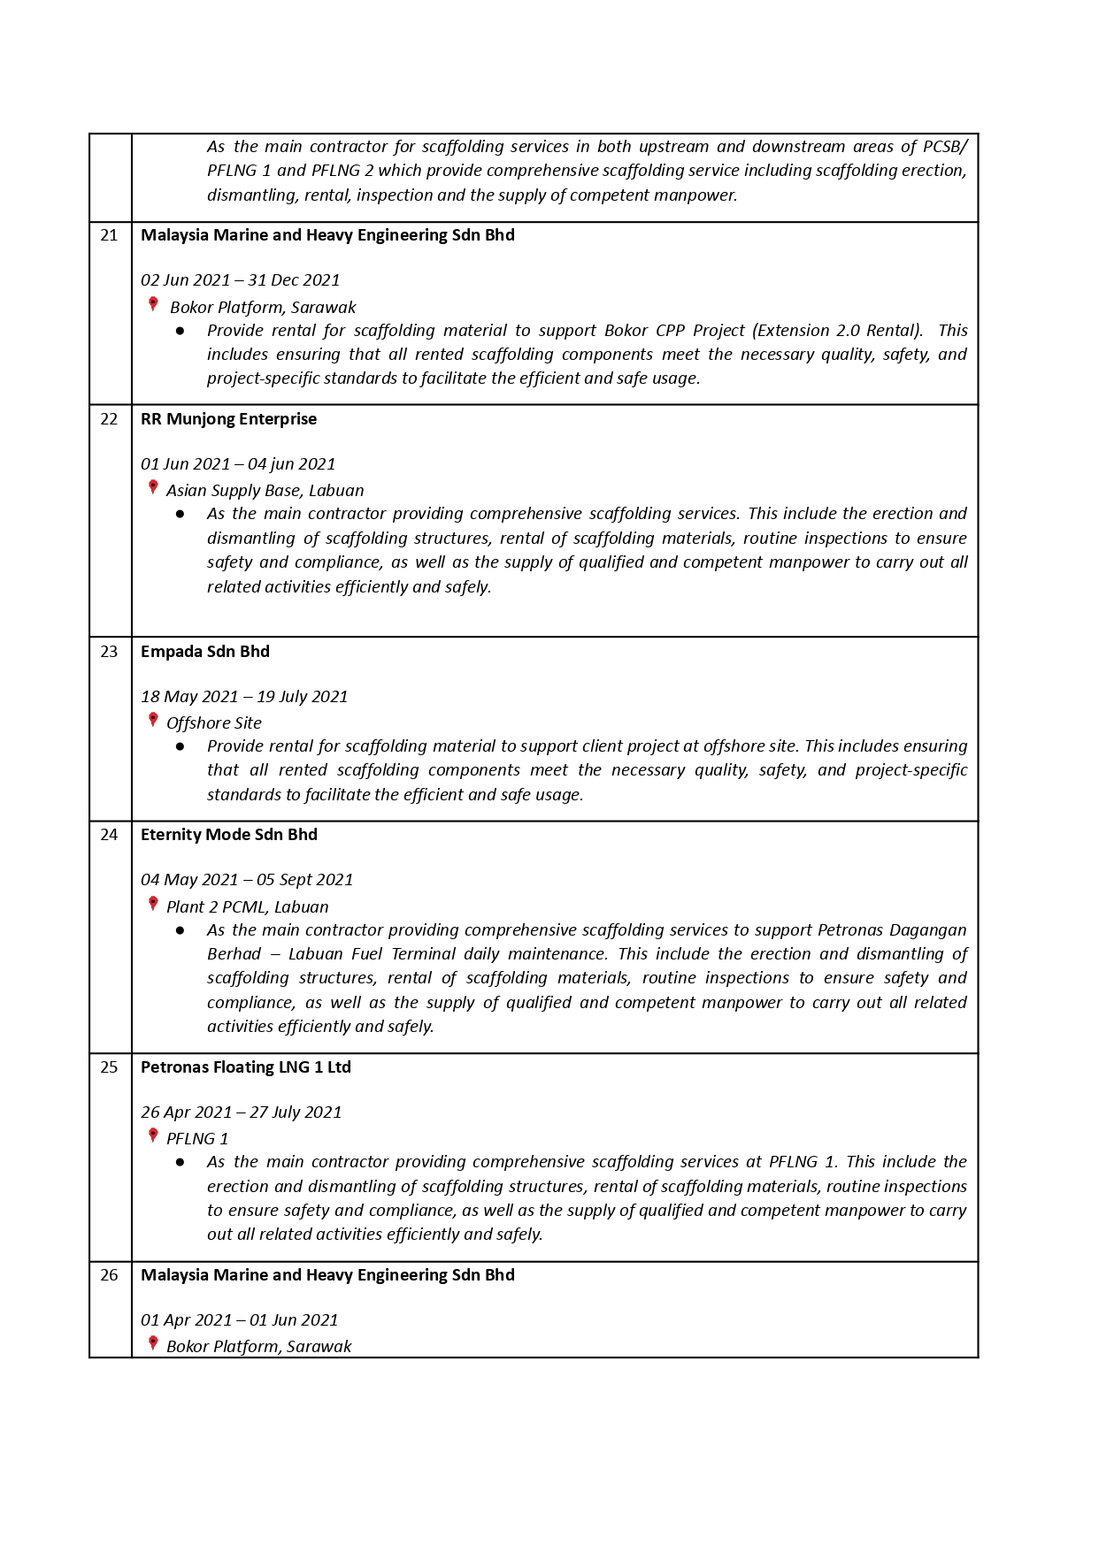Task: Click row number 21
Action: tap(109, 235)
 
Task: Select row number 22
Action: tap(109, 419)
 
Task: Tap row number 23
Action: tap(109, 652)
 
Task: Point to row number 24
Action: tap(109, 835)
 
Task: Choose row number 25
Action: tap(109, 1067)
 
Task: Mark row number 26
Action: tap(109, 1275)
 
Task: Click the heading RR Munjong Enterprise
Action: tap(228, 419)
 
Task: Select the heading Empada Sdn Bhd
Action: tap(205, 652)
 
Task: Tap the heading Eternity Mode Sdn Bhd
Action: tap(229, 835)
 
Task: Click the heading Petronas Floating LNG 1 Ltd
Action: tap(246, 1067)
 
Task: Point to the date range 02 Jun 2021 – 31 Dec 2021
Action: tap(241, 280)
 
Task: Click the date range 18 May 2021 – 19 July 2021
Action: tap(244, 697)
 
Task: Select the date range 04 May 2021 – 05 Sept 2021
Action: tap(247, 880)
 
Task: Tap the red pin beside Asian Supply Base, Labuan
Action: tap(153, 487)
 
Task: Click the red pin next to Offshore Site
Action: tap(153, 720)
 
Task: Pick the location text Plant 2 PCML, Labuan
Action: tap(248, 907)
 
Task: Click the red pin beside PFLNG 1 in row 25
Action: tap(153, 1135)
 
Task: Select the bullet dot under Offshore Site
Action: tap(181, 746)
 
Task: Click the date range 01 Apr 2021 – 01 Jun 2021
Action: tap(240, 1320)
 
